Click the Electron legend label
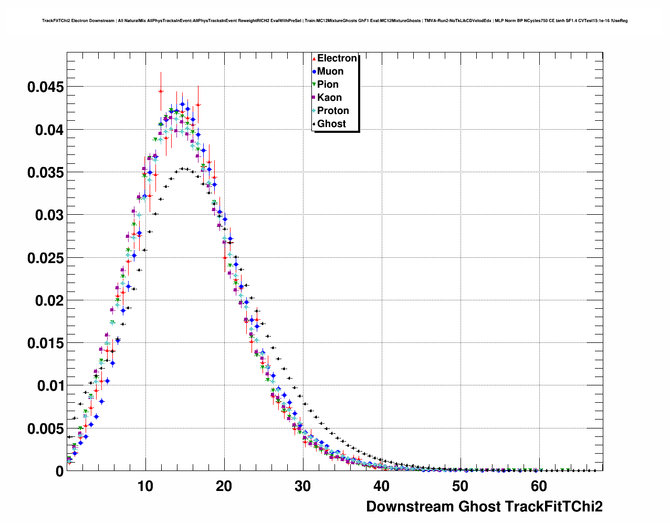tap(337, 58)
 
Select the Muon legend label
tap(330, 71)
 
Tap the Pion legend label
tap(328, 85)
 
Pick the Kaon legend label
tap(329, 98)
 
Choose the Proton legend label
tap(333, 111)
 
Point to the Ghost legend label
tap(331, 124)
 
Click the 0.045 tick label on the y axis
tap(45, 87)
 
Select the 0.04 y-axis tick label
tap(49, 130)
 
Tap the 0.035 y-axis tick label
tap(45, 173)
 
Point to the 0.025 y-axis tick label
tap(45, 258)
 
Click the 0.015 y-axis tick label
tap(45, 343)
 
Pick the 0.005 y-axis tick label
tap(45, 429)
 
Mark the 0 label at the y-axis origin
tap(59, 472)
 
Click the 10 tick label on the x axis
tap(145, 486)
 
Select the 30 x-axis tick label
tap(303, 486)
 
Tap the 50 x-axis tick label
tap(460, 486)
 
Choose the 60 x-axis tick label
tap(539, 486)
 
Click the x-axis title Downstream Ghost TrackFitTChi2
tap(484, 507)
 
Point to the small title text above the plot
tap(334, 21)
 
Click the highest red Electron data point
tap(161, 91)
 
